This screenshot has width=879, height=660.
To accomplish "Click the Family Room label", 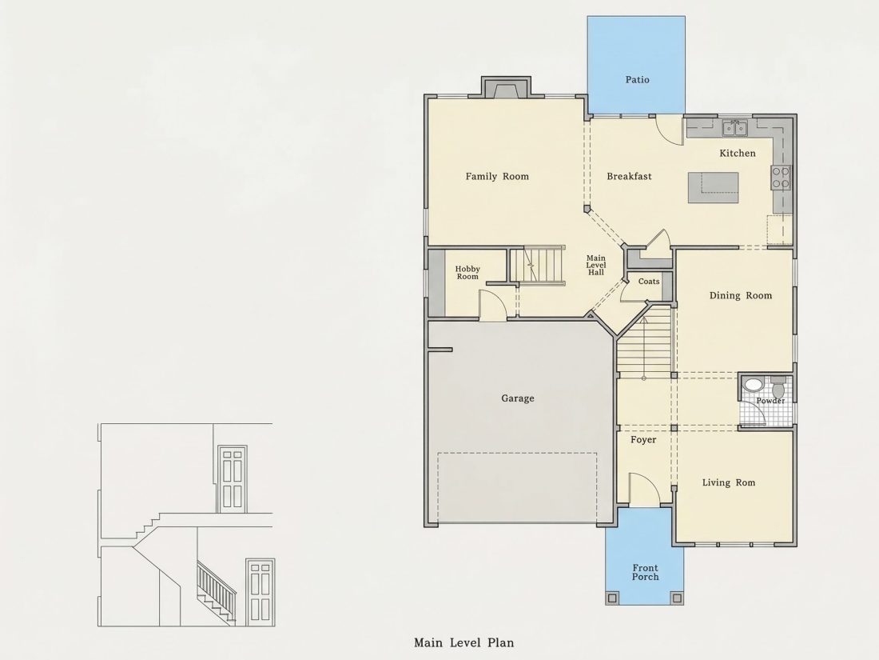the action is pos(497,176).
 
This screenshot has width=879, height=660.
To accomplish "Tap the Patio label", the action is pos(638,80).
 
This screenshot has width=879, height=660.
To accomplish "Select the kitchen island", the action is pos(713,187).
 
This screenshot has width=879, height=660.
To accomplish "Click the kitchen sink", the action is pos(734,129).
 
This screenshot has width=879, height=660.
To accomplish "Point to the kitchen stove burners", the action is pos(781,177).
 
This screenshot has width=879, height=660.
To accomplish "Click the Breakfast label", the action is pos(629,176).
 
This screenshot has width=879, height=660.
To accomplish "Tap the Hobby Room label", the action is pos(467,273).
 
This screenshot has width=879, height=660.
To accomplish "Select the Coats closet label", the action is pos(649,281).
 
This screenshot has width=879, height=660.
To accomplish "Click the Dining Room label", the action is pos(741,295).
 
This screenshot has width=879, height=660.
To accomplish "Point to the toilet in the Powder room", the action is pos(778,387).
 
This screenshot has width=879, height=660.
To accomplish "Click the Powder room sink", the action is pos(752,385).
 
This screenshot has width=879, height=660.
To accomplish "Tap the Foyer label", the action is pos(643,440).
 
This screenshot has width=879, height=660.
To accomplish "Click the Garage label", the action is pos(518,398).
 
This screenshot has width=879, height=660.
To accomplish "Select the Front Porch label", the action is pos(645,573).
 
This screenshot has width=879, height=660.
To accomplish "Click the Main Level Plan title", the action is pos(463,642).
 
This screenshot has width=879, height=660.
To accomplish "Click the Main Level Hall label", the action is pos(596,266).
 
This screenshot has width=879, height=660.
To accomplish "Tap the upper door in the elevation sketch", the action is pos(232,478).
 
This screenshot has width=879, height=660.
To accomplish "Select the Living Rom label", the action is pos(728,482).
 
